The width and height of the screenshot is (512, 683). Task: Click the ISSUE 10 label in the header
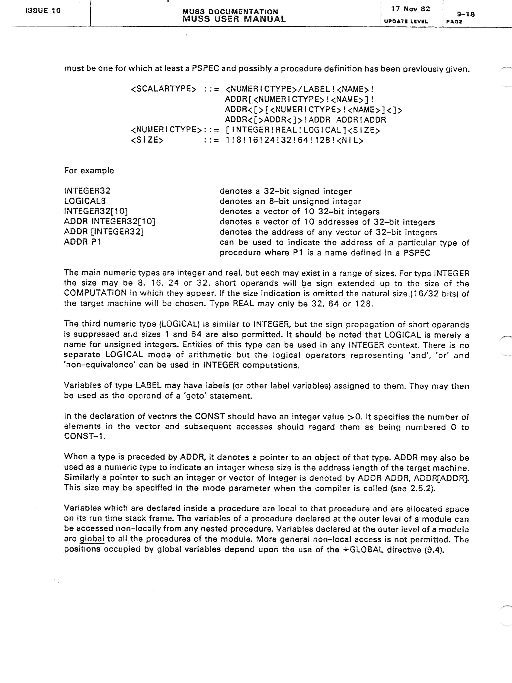coord(43,10)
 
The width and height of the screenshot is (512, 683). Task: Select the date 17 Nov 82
coord(410,9)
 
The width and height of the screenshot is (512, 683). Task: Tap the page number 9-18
coord(465,14)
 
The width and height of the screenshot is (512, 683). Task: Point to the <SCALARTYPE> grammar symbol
coord(164,89)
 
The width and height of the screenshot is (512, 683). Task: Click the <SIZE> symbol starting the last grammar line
coord(147,140)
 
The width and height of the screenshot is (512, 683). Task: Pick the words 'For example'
coord(89,171)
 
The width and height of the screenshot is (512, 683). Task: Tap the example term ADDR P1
coord(82,242)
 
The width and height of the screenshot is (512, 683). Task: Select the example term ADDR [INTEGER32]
coord(104,232)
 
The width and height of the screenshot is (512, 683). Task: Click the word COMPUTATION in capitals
coord(95,293)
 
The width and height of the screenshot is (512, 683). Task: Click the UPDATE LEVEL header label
coord(406,21)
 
